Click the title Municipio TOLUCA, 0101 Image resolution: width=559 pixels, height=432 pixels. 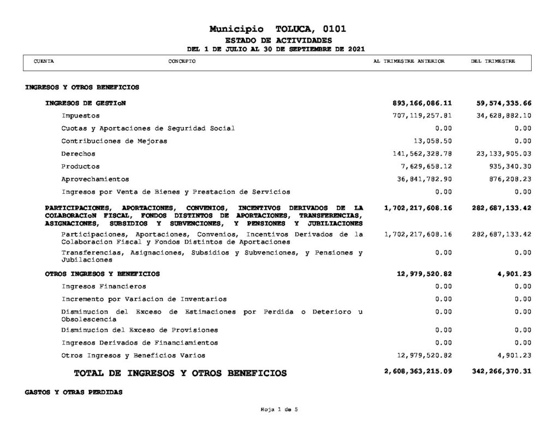(x=277, y=29)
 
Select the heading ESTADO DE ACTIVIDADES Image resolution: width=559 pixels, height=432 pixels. (x=278, y=41)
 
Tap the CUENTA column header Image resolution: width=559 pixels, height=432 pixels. (x=44, y=62)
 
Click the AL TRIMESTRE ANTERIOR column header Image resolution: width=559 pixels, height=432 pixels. (x=409, y=62)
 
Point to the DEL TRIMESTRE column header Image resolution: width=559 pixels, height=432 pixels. (x=492, y=62)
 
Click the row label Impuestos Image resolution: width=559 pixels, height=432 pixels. (x=81, y=116)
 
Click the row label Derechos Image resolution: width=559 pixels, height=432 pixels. (x=79, y=154)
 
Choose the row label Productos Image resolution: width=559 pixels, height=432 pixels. (x=81, y=167)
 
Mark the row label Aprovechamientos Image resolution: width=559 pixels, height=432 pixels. (x=96, y=179)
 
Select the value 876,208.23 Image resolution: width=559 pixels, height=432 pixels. (x=508, y=179)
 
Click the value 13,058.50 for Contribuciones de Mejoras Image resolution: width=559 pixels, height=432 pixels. (x=433, y=141)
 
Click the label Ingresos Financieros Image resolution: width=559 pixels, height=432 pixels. (x=104, y=286)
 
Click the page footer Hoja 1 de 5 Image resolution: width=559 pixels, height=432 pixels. (x=279, y=410)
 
